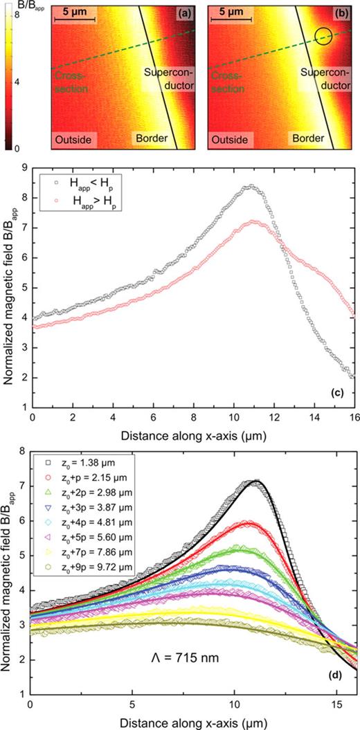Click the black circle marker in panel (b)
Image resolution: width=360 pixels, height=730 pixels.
coord(322,36)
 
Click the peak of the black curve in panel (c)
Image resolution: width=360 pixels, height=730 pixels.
coord(251,186)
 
